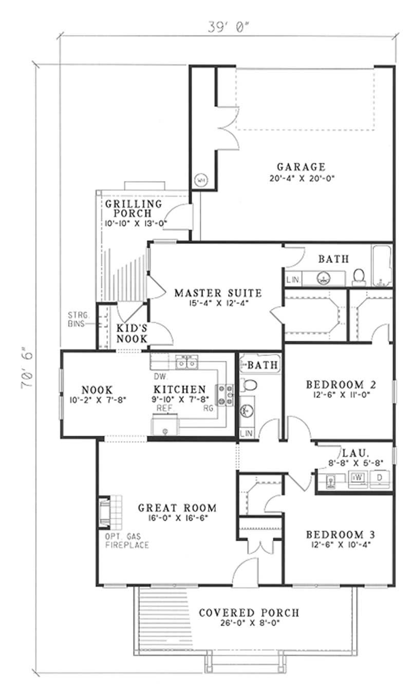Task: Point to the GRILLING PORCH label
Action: pyautogui.click(x=134, y=208)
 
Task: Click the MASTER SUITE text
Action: pyautogui.click(x=218, y=294)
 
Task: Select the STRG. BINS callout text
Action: pyautogui.click(x=79, y=320)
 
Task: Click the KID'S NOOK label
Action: pyautogui.click(x=132, y=334)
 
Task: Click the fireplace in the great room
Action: pyautogui.click(x=105, y=512)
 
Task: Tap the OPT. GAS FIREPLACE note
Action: pyautogui.click(x=127, y=540)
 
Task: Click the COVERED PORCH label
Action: pyautogui.click(x=249, y=613)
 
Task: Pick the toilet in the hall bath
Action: pyautogui.click(x=249, y=384)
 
